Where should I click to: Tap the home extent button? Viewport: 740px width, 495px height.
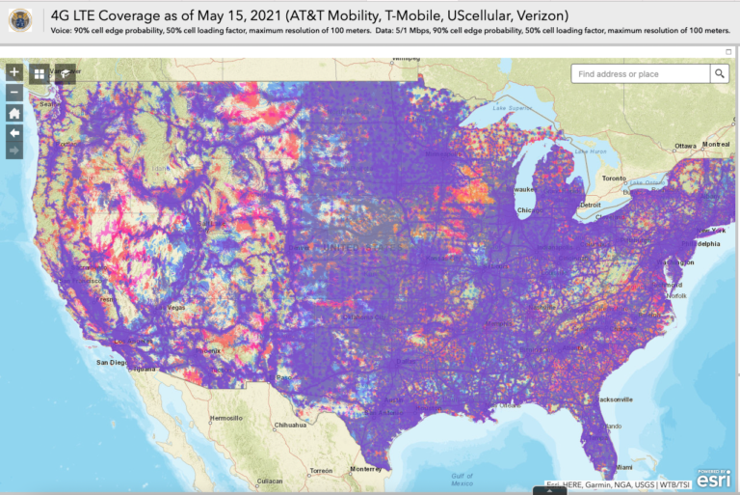pyautogui.click(x=14, y=112)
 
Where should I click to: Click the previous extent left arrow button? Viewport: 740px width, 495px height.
pyautogui.click(x=14, y=131)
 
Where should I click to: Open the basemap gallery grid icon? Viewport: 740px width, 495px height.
pyautogui.click(x=40, y=73)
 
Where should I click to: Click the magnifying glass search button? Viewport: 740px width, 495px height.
pyautogui.click(x=720, y=73)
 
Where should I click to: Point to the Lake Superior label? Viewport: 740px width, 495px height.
pyautogui.click(x=513, y=108)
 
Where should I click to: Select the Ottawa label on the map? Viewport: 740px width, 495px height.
pyautogui.click(x=685, y=146)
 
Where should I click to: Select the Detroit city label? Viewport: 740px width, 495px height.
pyautogui.click(x=591, y=205)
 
